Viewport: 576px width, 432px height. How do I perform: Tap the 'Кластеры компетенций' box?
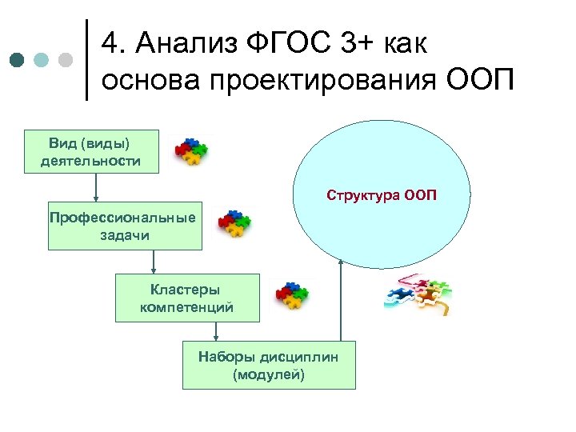187,298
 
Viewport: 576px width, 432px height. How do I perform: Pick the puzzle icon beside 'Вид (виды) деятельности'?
191,151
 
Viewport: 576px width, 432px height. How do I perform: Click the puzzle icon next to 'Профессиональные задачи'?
234,225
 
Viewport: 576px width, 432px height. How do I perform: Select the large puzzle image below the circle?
415,295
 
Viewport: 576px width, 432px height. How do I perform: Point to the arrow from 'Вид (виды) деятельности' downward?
96,186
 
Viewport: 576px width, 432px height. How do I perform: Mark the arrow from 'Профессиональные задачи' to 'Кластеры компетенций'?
154,261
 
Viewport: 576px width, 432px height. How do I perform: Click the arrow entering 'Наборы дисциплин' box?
216,331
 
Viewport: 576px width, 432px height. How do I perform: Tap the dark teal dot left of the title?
18,60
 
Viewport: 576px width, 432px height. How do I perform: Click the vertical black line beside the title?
86,60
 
